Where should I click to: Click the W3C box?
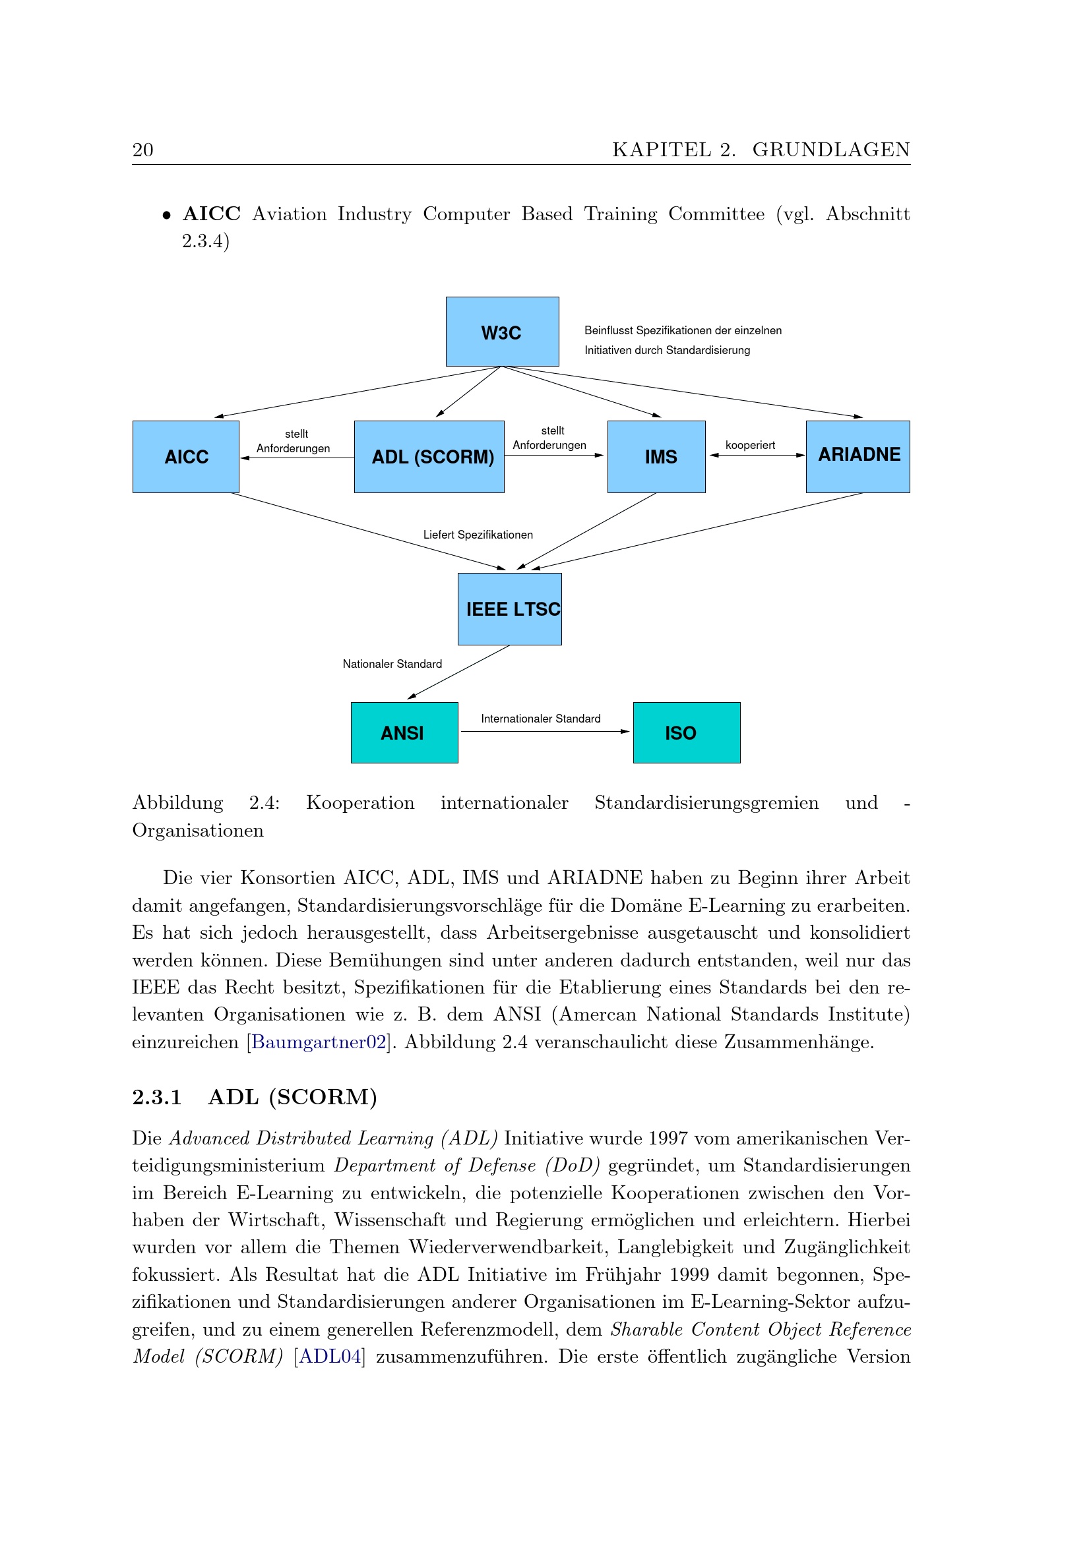tap(502, 332)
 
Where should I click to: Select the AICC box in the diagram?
tap(185, 457)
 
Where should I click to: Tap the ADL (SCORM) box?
tap(429, 457)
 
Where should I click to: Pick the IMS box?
tap(656, 457)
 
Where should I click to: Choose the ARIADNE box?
tap(857, 457)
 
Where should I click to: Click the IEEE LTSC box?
tap(509, 608)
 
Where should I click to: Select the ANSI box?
tap(404, 732)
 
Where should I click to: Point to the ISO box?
tap(686, 732)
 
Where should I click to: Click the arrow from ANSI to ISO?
tap(544, 731)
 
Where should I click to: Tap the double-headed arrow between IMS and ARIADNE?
tap(757, 456)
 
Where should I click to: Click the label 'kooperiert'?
tap(750, 445)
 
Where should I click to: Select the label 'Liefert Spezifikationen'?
tap(478, 535)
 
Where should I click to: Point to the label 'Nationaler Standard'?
tap(392, 665)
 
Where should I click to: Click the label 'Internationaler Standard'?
tap(540, 719)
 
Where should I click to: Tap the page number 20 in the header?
tap(143, 150)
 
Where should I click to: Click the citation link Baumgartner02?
tap(319, 1042)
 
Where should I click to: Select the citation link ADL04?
tap(330, 1356)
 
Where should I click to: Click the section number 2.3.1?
tap(157, 1098)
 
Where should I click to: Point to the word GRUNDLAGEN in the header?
tap(831, 150)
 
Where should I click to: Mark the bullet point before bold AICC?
tap(167, 216)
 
